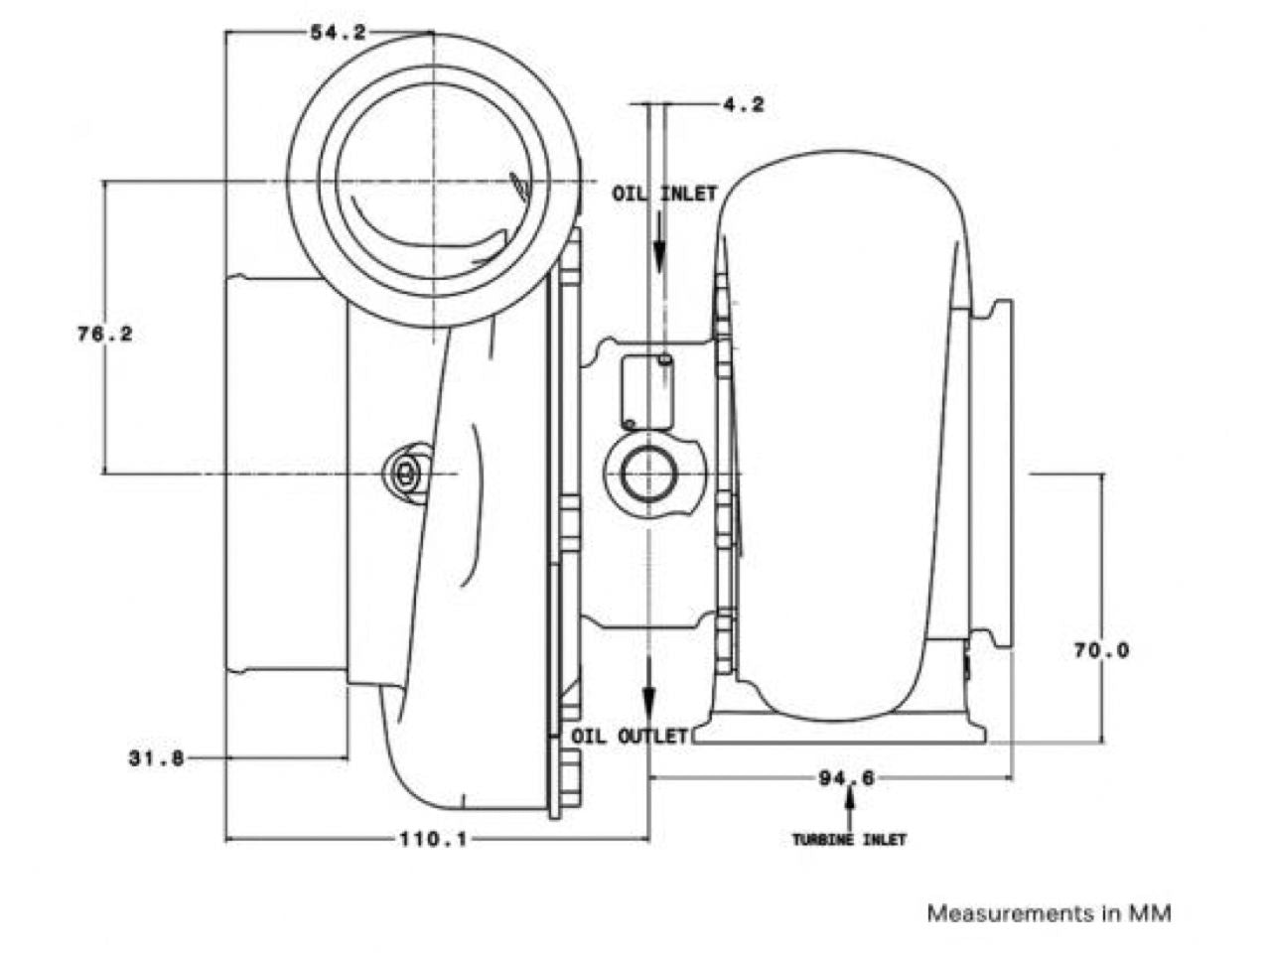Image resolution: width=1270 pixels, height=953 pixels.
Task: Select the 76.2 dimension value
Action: pyautogui.click(x=104, y=335)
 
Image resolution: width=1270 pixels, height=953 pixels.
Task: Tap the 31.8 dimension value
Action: pyautogui.click(x=156, y=758)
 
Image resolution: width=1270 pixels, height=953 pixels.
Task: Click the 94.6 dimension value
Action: pyautogui.click(x=846, y=778)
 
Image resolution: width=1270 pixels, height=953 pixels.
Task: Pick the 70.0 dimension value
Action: pyautogui.click(x=1101, y=651)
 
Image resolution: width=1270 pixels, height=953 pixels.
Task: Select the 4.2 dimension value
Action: pyautogui.click(x=744, y=104)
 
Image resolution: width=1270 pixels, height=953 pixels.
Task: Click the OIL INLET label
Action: pyautogui.click(x=663, y=195)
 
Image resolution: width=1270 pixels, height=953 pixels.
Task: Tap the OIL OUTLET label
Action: pyautogui.click(x=630, y=737)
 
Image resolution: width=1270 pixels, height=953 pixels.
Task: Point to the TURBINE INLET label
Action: pyautogui.click(x=849, y=840)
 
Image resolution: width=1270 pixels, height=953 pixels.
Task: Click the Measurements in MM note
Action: pyautogui.click(x=1049, y=913)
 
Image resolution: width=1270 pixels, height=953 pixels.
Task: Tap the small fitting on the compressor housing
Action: pyautogui.click(x=406, y=474)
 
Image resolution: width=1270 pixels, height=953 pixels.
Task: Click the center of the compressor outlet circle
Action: pyautogui.click(x=434, y=183)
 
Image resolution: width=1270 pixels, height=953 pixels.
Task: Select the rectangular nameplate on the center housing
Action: pyautogui.click(x=646, y=392)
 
